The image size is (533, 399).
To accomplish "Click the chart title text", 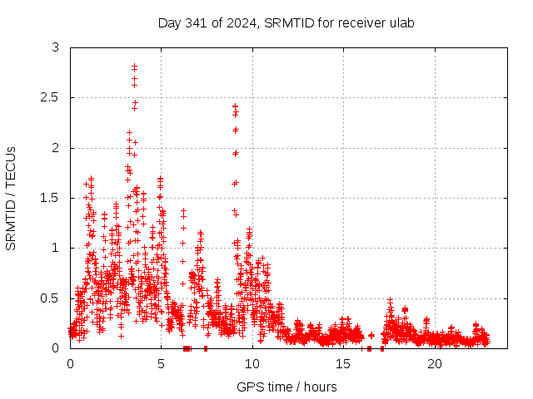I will [x=286, y=22].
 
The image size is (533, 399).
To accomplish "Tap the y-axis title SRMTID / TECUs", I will [x=12, y=198].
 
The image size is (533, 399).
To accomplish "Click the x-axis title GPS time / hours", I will [x=286, y=387].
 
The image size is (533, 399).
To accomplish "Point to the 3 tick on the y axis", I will [x=56, y=48].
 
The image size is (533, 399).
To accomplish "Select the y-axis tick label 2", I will [x=56, y=148].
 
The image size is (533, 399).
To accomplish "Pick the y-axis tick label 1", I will [x=56, y=248].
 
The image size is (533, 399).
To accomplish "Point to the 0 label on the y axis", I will [x=56, y=347].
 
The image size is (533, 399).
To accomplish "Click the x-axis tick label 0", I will [x=70, y=364].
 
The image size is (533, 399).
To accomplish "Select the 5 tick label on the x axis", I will [x=161, y=364].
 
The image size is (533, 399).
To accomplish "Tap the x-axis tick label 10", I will [x=252, y=364].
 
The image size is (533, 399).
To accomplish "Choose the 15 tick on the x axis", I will [x=343, y=364].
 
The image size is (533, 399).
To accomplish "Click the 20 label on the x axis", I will [x=435, y=364].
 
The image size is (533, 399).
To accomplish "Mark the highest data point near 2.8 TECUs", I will [x=134, y=66].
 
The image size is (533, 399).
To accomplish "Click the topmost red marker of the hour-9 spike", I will [x=235, y=106].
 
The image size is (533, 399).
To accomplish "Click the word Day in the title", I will [x=170, y=22].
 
